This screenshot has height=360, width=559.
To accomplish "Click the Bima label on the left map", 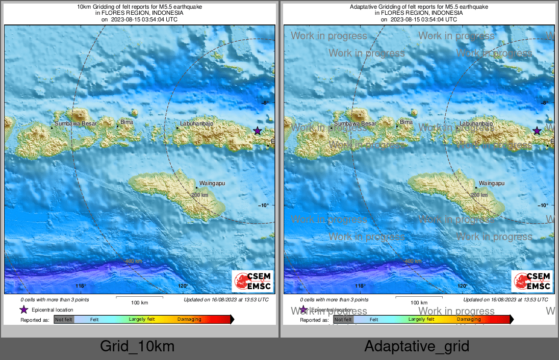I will (x=126, y=122).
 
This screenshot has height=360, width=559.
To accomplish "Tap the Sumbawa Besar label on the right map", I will (x=355, y=124).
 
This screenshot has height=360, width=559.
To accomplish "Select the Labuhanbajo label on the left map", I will (x=196, y=124).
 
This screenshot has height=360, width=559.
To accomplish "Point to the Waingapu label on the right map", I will (x=492, y=183).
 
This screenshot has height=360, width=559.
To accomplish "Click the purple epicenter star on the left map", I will (x=258, y=131).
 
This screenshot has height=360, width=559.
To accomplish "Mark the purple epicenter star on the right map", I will (x=537, y=131).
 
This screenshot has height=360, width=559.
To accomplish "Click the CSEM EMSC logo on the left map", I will (x=252, y=281).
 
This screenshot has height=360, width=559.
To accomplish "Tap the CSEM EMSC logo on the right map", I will (x=532, y=281).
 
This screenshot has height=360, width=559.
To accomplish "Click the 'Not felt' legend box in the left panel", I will (x=64, y=320).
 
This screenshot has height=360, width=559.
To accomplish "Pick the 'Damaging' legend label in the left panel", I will (x=189, y=320).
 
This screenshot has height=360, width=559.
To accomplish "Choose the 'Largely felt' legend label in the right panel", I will (x=421, y=320).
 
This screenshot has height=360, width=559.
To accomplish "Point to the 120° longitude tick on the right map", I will (x=463, y=286).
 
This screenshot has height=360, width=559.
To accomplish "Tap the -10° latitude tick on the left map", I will (x=264, y=205).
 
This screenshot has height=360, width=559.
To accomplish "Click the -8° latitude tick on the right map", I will (x=544, y=103).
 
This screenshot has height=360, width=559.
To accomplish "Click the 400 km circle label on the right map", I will (x=413, y=261).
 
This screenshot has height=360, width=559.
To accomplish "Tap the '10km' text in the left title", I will (x=84, y=7).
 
